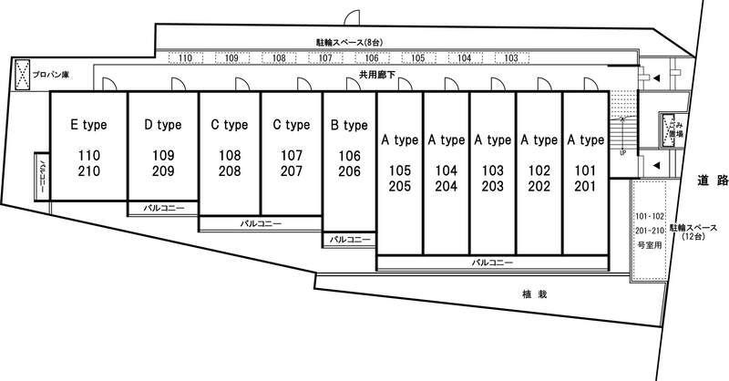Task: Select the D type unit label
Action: [163, 124]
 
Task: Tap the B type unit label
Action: [349, 124]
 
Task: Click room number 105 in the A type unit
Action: [400, 170]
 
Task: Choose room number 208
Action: [230, 170]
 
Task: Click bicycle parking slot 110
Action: [186, 58]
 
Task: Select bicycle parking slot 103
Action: [511, 58]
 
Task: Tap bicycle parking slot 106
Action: [372, 58]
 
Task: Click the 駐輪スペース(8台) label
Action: [348, 42]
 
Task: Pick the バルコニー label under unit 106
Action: [350, 240]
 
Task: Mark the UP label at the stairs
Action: [622, 152]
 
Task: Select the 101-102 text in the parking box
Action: [650, 216]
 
